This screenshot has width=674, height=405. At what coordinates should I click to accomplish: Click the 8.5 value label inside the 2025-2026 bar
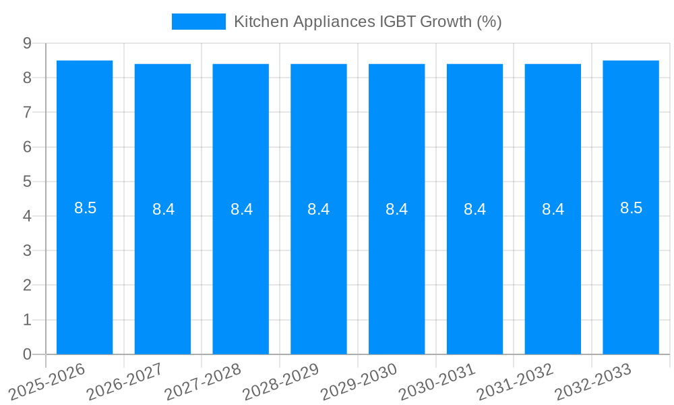[86, 208]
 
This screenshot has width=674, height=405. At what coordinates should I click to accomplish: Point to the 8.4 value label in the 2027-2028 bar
[241, 209]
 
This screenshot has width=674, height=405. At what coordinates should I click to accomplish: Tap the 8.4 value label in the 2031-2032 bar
[553, 209]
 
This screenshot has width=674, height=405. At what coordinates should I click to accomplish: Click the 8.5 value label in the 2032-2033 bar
[631, 208]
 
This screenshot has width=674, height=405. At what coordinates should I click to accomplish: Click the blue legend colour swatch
[199, 22]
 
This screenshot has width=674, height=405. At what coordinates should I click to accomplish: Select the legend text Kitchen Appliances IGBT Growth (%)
[367, 22]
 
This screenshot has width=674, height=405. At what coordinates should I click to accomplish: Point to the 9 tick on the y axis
[27, 43]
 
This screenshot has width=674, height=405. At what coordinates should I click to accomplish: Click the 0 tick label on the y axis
[27, 354]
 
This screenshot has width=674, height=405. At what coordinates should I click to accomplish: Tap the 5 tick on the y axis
[27, 182]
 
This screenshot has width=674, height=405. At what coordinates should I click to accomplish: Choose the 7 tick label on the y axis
[27, 112]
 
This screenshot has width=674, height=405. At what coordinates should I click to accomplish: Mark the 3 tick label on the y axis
[27, 250]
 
